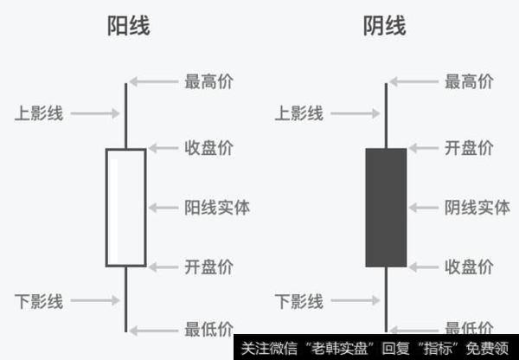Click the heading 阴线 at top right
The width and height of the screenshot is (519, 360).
coord(385,27)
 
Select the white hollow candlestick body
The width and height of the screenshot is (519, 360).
coord(126,208)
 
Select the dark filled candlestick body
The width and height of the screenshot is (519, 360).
coord(386,208)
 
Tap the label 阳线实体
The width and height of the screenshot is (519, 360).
coord(217,208)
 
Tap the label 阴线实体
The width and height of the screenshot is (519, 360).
coord(477,208)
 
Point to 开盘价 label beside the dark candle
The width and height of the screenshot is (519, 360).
coord(469,148)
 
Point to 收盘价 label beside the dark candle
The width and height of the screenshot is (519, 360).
coord(469,267)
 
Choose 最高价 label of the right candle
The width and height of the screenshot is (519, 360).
coord(469,82)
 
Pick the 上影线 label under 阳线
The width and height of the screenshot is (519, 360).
coord(39,112)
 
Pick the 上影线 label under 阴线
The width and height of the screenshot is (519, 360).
coord(298,112)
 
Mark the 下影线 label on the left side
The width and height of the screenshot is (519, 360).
coord(39,301)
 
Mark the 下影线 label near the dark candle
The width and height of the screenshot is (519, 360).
coord(298,301)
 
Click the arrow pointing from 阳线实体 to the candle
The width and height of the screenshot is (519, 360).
coord(163,208)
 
